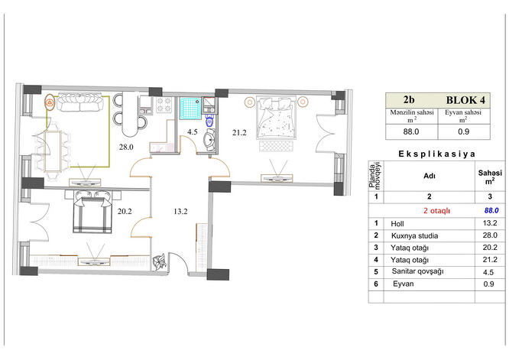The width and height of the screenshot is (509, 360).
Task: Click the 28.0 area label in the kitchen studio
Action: tap(126, 147)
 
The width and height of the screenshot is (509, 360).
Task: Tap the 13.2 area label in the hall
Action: tap(180, 212)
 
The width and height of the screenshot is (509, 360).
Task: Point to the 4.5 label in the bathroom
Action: tap(192, 132)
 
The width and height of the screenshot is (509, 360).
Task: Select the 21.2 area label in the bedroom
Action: tap(239, 132)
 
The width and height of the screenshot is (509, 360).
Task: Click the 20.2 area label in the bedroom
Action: tap(125, 212)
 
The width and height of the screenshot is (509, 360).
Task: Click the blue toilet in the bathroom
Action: tap(209, 122)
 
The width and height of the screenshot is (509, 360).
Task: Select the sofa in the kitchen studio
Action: tap(79, 102)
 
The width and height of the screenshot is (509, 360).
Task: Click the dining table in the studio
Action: tap(53, 151)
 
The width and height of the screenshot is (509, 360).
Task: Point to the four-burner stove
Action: tap(164, 105)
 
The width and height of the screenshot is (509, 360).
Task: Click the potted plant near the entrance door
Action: tap(160, 261)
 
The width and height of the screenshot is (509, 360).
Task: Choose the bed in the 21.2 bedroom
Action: tap(276, 118)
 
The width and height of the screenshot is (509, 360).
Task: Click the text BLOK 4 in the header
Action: tap(465, 100)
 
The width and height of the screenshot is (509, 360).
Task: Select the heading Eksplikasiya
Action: tap(436, 154)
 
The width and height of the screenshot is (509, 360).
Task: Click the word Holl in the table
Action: tap(397, 224)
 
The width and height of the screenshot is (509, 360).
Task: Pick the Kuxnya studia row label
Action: tap(414, 236)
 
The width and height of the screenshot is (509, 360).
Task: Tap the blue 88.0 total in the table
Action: tap(491, 211)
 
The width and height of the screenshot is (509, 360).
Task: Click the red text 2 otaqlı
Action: tap(437, 211)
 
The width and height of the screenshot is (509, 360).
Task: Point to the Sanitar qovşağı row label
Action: tap(417, 271)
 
